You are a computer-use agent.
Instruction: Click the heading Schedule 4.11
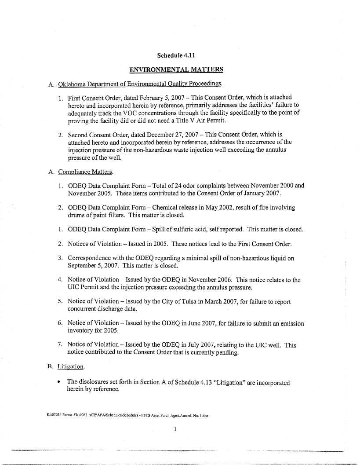176,55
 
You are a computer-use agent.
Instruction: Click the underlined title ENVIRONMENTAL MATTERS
176,70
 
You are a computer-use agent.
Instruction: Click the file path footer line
120,414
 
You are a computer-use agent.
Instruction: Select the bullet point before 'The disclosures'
59,382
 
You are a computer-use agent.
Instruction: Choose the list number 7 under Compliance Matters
60,345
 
